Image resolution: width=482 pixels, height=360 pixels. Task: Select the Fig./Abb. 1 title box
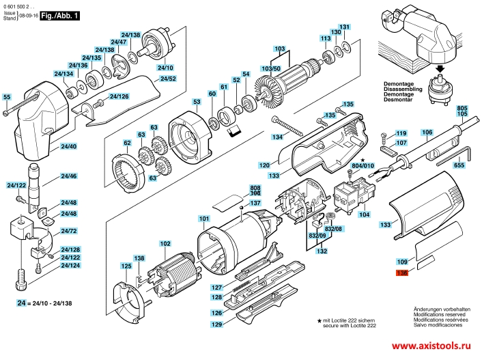click(x=57, y=14)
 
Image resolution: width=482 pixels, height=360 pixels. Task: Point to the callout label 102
click(x=165, y=244)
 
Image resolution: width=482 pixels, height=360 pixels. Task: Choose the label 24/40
click(x=68, y=146)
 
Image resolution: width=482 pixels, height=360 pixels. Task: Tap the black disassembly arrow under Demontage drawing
click(x=440, y=69)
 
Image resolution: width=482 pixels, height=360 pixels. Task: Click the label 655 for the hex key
click(x=458, y=165)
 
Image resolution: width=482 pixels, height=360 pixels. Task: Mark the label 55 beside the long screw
click(x=7, y=97)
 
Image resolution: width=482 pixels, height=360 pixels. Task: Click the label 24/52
click(x=168, y=79)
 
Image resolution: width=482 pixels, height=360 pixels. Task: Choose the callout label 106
click(x=426, y=132)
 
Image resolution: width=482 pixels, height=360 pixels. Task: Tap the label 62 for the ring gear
click(x=127, y=143)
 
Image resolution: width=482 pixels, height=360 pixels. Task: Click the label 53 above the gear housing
click(x=196, y=102)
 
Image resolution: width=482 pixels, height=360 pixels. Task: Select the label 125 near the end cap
click(x=126, y=266)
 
